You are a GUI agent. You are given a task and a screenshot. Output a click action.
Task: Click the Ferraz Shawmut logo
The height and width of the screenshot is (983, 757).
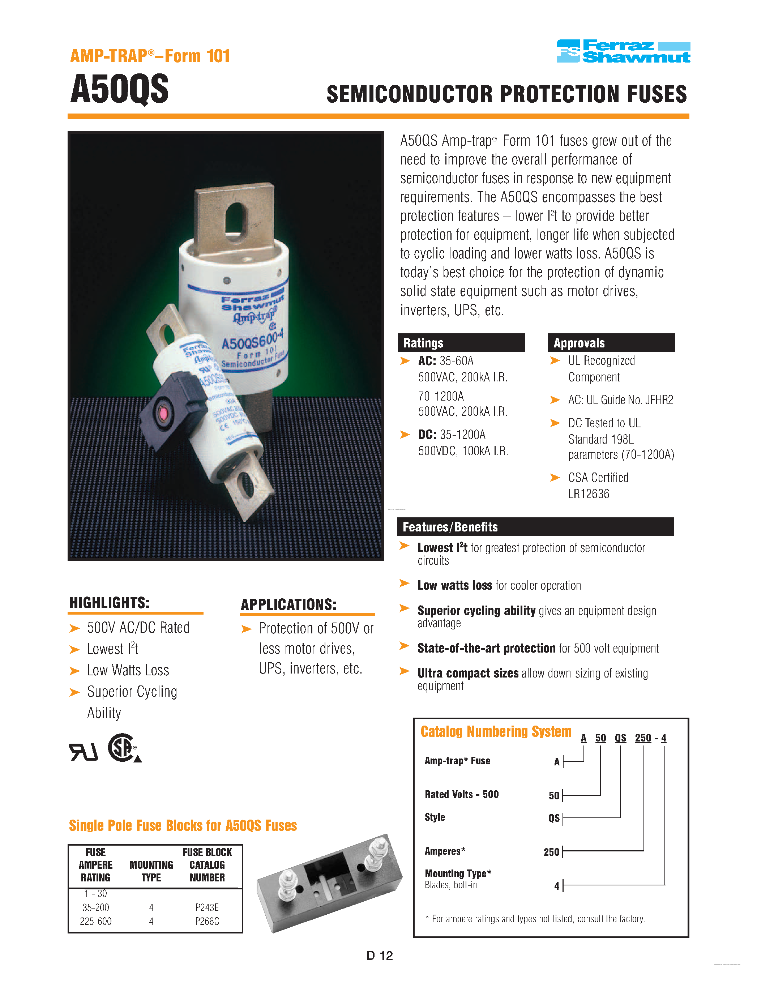point(623,51)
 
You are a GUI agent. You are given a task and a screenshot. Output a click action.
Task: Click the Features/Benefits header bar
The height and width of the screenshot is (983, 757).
point(535,527)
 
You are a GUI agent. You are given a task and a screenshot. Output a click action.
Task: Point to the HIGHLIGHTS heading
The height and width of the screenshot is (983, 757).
point(110,603)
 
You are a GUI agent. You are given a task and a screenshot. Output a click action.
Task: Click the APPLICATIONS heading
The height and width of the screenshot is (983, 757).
point(288,604)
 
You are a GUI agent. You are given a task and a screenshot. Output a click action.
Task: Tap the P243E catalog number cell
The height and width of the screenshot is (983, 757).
point(207,907)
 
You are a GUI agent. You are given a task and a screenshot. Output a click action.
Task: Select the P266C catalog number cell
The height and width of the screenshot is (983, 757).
point(207,921)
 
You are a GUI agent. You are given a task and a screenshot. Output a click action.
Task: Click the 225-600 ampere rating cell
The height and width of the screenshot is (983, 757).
point(95,921)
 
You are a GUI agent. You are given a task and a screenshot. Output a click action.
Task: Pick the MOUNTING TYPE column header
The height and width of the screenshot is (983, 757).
point(151,871)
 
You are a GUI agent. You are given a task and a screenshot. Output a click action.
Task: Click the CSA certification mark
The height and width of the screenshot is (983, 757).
point(123,748)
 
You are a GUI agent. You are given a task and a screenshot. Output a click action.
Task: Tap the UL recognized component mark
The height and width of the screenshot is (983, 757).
point(83,752)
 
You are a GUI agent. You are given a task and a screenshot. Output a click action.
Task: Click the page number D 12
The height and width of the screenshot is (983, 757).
point(379,956)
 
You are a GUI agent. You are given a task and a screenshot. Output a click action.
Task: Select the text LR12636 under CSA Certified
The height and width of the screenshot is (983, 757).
point(588,494)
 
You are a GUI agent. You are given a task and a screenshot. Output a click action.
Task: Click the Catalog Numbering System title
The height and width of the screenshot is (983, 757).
point(496,731)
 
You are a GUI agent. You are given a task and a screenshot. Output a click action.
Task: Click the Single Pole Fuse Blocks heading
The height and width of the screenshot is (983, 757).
point(183,825)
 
